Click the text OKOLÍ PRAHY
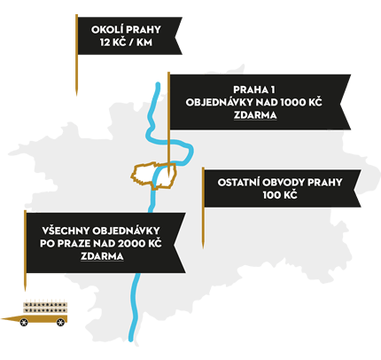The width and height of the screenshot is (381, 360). point(126,29)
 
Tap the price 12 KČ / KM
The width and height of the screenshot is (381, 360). point(126,43)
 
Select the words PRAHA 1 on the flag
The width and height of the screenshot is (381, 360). point(254,90)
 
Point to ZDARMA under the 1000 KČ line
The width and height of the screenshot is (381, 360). point(255,115)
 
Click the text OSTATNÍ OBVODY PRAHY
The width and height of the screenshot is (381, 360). point(280,182)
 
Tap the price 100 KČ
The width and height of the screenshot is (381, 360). point(280,195)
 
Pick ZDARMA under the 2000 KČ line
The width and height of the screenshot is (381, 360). point(102,256)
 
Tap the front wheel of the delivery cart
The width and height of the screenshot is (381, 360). point(24,322)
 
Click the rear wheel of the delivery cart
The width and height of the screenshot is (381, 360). point(60,322)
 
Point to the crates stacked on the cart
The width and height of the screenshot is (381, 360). point(45,308)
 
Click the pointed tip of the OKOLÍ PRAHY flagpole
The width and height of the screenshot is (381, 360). point(76,95)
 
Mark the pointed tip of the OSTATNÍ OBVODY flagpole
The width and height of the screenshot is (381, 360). point(203,247)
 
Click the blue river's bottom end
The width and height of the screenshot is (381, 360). point(130,340)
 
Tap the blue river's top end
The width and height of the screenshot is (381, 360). point(158,84)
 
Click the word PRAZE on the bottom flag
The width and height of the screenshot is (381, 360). point(74,244)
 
